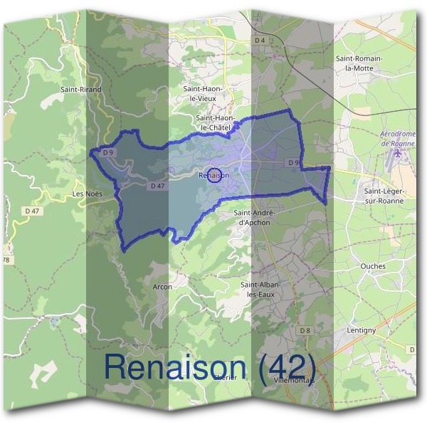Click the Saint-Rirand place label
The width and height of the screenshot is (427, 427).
point(81,90)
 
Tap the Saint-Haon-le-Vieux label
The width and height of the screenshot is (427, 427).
point(204,93)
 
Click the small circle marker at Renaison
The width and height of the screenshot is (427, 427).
point(213,175)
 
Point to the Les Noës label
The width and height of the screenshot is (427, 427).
point(88,194)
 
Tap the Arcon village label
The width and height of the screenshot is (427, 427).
point(162,287)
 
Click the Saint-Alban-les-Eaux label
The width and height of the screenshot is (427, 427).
point(261,289)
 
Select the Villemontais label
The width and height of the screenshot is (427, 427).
point(294,381)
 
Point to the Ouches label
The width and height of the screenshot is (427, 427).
point(373,267)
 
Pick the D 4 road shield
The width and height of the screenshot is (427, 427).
point(260,41)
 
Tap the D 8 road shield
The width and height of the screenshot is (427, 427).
point(305,331)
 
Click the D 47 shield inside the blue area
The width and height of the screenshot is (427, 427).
point(158,186)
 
